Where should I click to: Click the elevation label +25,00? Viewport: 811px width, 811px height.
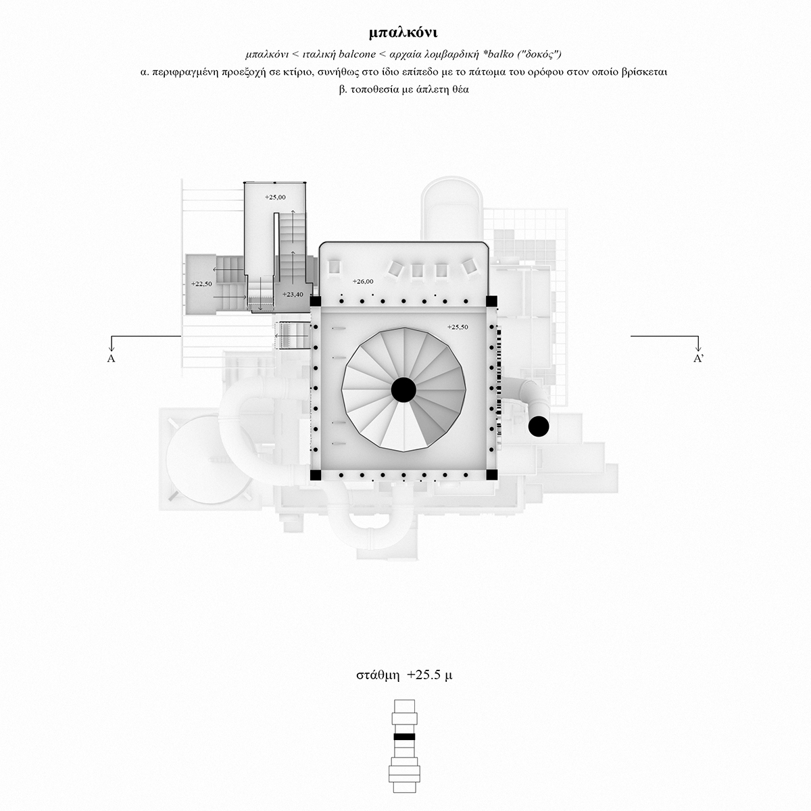[275, 197]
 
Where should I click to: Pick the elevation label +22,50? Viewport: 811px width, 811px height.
[201, 284]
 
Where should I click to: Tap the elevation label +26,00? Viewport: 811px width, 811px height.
[363, 280]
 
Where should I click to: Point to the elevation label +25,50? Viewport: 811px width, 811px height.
[458, 326]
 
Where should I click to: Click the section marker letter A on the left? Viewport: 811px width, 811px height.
[111, 359]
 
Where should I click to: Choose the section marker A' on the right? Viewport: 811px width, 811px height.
[699, 359]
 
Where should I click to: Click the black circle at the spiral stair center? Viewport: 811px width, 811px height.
[403, 389]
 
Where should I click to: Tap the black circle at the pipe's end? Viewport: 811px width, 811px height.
[539, 426]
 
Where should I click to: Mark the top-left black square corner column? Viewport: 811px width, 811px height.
[314, 301]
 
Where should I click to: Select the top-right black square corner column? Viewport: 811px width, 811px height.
[492, 301]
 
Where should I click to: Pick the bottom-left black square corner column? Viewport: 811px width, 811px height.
[314, 475]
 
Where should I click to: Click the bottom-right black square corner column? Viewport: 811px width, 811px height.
[492, 475]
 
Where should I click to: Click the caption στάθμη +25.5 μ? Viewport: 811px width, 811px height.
[404, 675]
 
